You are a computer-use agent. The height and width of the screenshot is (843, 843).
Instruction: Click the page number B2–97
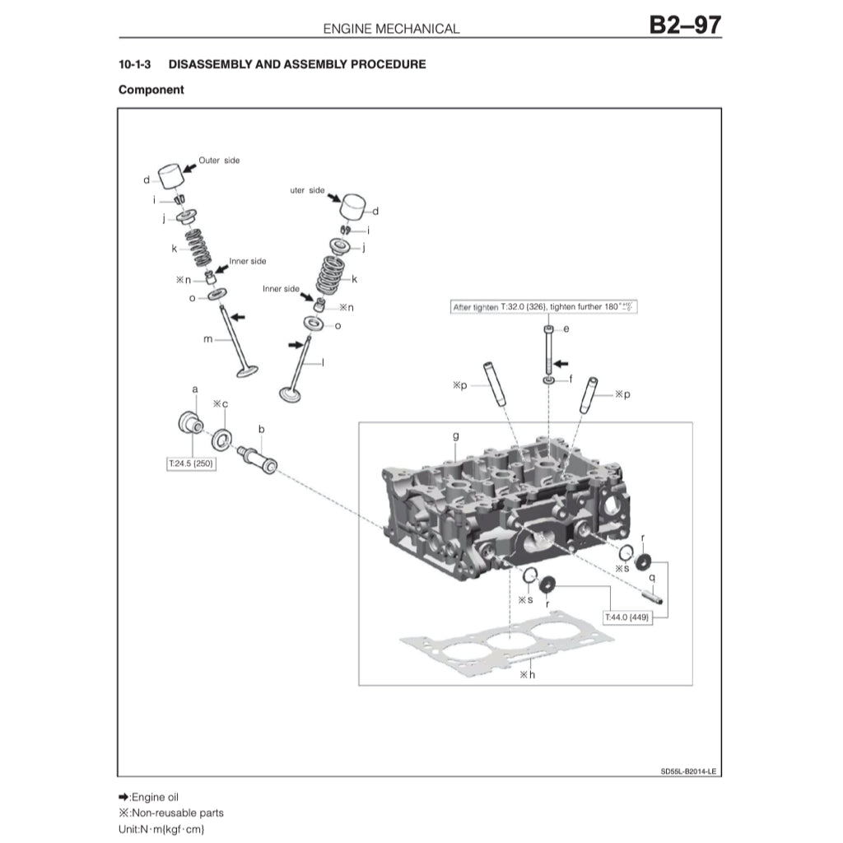coord(684,25)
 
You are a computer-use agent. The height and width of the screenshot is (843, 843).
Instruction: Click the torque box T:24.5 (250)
coord(192,464)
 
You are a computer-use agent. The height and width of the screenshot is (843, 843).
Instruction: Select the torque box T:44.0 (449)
coord(627,617)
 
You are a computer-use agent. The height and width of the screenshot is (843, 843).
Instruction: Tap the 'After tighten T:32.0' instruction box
coord(545,307)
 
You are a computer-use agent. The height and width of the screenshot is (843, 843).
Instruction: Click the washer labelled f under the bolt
coord(548,380)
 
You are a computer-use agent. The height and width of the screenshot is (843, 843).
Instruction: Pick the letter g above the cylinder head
coord(455,435)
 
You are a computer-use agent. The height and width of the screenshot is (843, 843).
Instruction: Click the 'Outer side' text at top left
coord(219,161)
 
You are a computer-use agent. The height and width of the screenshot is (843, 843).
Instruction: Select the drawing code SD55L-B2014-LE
coord(688,771)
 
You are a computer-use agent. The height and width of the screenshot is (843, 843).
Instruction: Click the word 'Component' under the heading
coord(151,90)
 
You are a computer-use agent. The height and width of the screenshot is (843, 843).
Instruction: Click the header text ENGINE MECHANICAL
coord(391,28)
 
